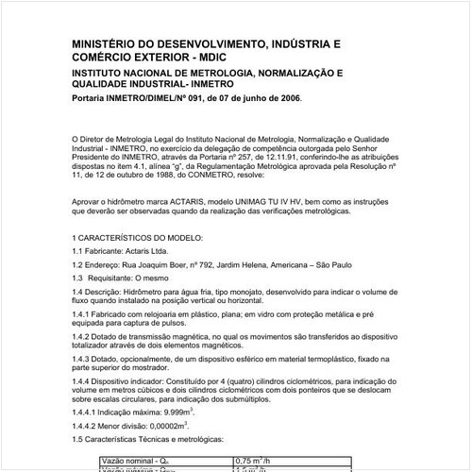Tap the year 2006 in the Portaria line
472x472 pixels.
289,97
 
